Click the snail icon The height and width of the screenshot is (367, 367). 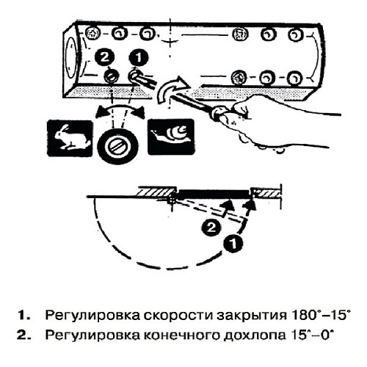(x=170, y=136)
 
